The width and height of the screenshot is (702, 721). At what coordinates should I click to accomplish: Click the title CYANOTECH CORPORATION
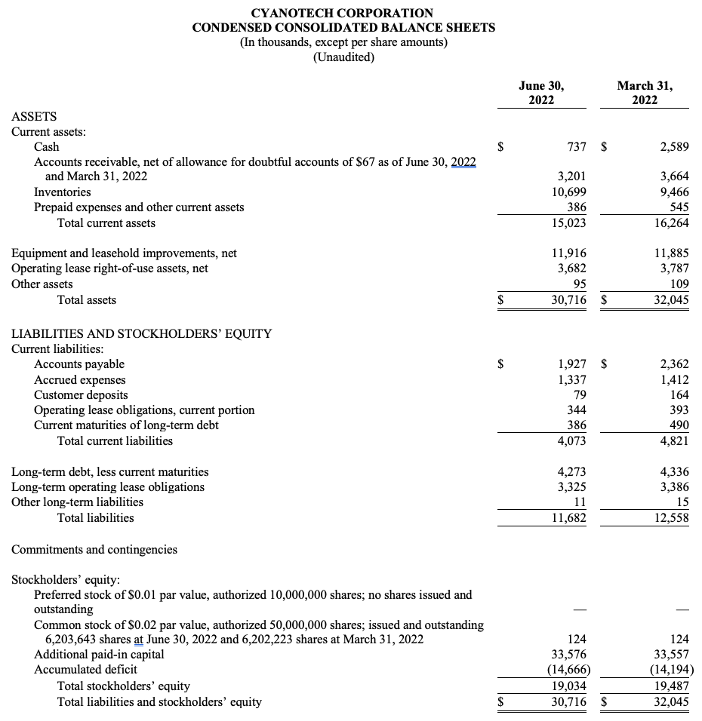[x=343, y=13]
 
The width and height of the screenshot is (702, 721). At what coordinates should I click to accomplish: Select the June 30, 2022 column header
[x=541, y=93]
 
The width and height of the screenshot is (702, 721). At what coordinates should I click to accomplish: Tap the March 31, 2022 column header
[x=645, y=93]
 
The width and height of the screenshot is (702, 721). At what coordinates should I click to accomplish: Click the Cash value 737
[x=577, y=147]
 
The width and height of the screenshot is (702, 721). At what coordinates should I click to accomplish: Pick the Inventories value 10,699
[x=570, y=192]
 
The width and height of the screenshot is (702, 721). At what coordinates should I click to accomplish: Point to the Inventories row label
[x=63, y=192]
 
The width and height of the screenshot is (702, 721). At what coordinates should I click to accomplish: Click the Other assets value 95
[x=580, y=284]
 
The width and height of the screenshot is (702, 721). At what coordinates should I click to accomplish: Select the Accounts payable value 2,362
[x=674, y=364]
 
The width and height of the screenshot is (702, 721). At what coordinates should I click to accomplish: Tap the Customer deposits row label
[x=81, y=394]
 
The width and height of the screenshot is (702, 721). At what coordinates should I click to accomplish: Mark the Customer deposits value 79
[x=580, y=394]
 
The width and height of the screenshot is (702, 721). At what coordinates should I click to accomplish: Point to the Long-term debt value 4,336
[x=674, y=472]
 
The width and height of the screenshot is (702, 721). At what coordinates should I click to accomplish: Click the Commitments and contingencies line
[x=94, y=549]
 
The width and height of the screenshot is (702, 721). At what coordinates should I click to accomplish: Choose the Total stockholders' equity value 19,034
[x=570, y=686]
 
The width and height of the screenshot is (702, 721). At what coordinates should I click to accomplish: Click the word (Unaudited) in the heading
[x=343, y=57]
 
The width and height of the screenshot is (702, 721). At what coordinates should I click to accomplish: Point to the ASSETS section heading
[x=34, y=116]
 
